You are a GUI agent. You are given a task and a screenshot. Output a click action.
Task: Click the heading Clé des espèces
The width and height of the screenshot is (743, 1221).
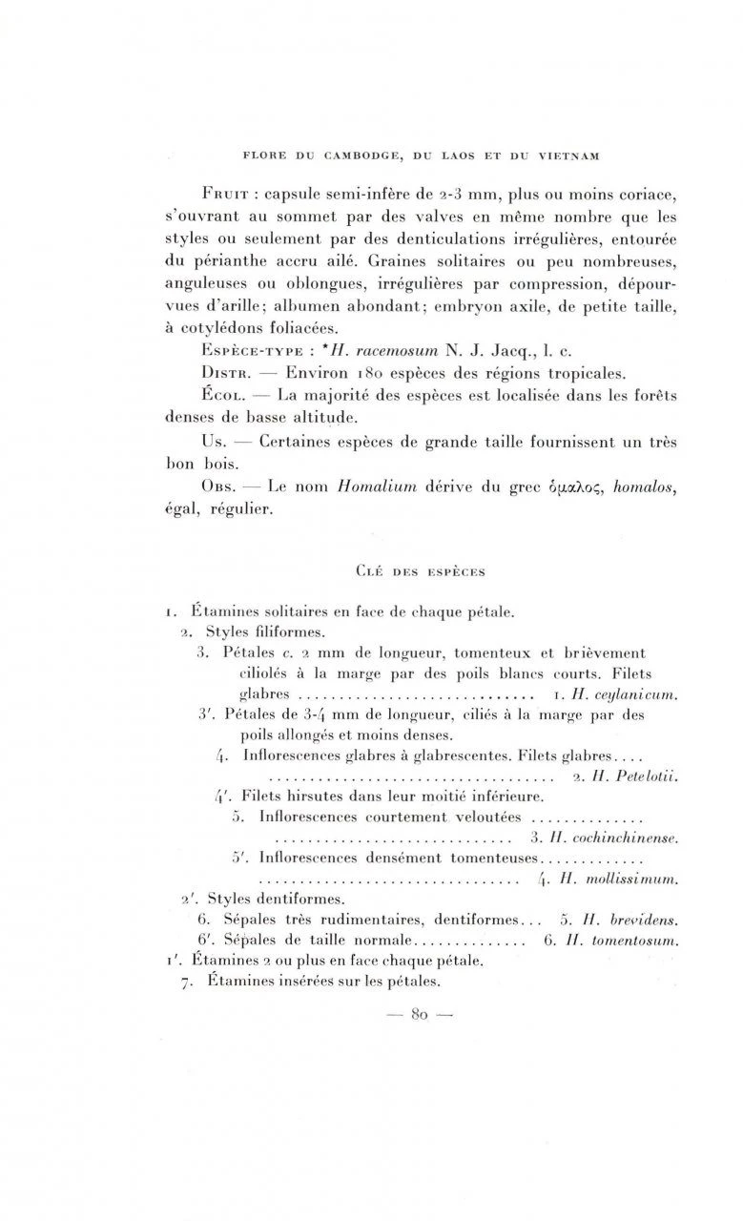(x=419, y=572)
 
